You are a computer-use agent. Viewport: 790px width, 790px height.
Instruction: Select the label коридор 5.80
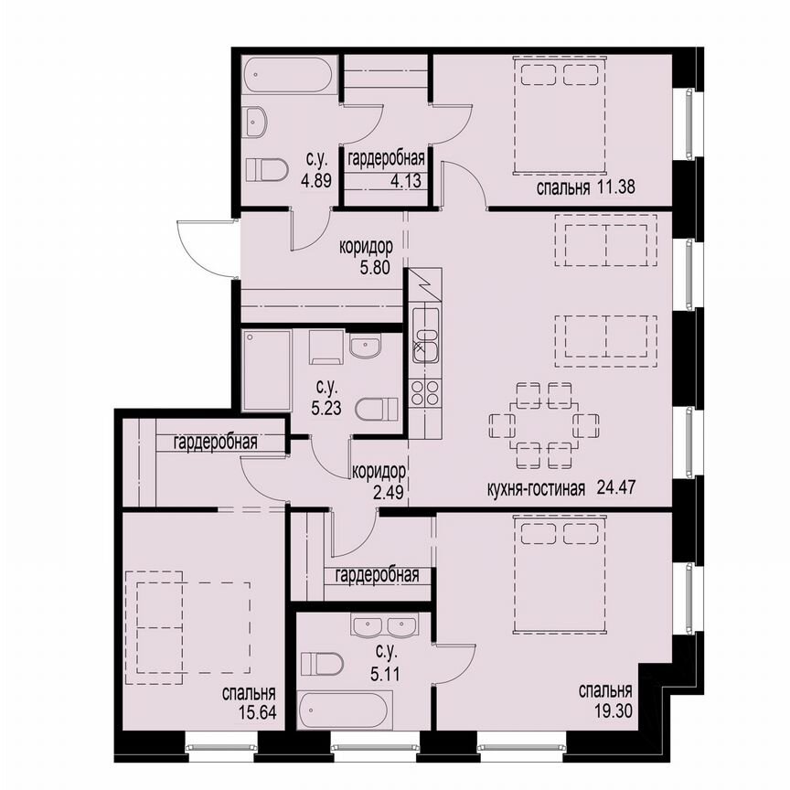coord(366,259)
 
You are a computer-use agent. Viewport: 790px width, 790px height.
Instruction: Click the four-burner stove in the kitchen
coord(425,394)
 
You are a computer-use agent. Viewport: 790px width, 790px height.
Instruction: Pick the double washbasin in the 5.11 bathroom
coord(384,627)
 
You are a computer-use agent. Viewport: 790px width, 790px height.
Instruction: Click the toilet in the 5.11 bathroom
coord(323,662)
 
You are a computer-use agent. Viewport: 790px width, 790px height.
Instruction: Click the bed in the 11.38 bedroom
coord(560,116)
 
